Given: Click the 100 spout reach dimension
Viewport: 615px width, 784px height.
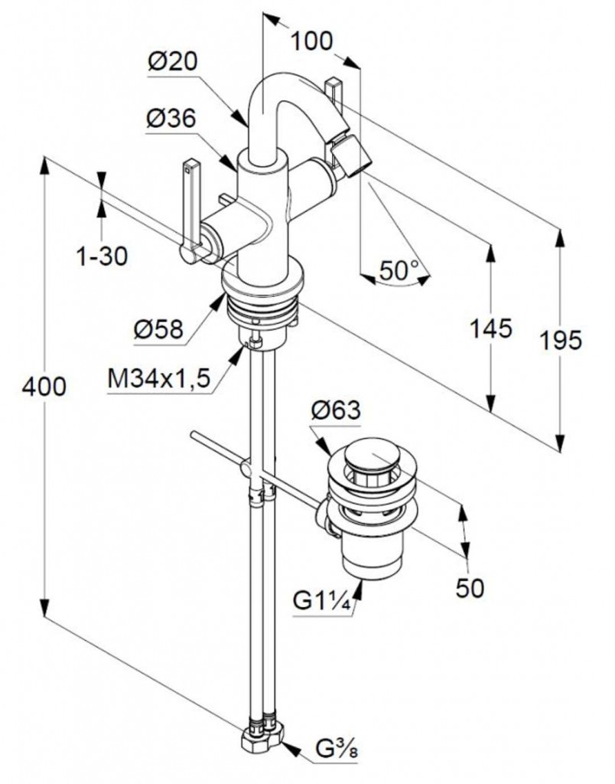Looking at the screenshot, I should [313, 40].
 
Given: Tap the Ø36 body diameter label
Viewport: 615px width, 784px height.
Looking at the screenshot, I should [171, 119].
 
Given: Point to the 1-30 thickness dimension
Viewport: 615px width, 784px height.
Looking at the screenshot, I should [102, 256].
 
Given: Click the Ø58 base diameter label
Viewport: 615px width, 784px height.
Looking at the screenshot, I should [158, 328].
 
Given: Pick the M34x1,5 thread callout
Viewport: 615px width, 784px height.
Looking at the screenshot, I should [159, 378].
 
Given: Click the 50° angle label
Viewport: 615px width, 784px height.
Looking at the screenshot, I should [400, 269].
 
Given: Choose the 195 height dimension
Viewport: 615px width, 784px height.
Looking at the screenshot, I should [561, 339].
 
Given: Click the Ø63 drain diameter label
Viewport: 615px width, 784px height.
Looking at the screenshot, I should [335, 410].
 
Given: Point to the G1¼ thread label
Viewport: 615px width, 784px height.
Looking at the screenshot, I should [322, 601].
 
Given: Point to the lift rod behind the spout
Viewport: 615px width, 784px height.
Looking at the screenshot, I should [335, 89].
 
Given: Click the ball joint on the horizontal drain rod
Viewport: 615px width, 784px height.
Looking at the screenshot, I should [246, 468].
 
